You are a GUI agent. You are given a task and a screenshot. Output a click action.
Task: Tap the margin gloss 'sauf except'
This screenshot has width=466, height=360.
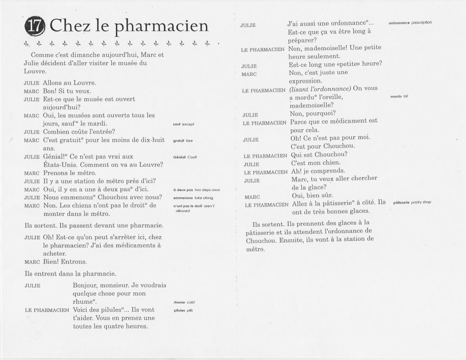pyautogui.click(x=183, y=124)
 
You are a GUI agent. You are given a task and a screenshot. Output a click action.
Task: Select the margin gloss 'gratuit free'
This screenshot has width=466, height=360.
pyautogui.click(x=183, y=141)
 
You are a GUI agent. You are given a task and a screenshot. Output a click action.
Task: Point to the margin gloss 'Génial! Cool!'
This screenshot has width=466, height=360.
pyautogui.click(x=185, y=157)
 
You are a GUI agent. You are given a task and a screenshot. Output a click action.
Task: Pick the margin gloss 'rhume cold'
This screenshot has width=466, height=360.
pyautogui.click(x=184, y=302)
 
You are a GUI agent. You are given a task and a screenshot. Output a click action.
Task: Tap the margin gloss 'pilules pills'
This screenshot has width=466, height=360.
pyautogui.click(x=183, y=311)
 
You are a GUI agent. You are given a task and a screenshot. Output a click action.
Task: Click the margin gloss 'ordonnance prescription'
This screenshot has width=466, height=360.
pyautogui.click(x=410, y=23)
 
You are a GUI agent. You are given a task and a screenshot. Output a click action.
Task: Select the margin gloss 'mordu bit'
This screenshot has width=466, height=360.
pyautogui.click(x=399, y=96)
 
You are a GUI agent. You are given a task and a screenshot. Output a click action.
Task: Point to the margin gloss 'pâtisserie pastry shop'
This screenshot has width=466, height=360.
pyautogui.click(x=412, y=202)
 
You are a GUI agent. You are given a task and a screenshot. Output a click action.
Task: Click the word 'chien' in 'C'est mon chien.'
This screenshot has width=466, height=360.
pyautogui.click(x=331, y=163)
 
